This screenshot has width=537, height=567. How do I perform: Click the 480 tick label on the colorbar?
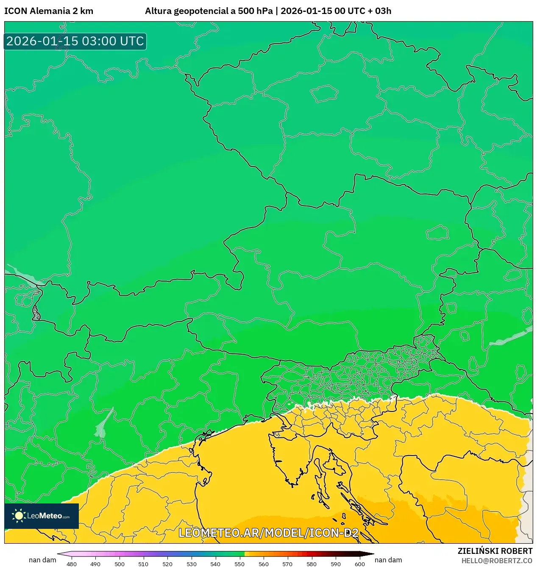(x=72, y=564)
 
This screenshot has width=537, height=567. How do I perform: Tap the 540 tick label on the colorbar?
(x=215, y=564)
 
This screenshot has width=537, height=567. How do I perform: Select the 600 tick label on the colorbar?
(x=359, y=564)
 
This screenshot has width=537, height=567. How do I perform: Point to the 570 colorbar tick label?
(x=287, y=564)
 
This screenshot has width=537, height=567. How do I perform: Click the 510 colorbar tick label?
(x=143, y=564)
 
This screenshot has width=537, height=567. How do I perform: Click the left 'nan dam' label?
(x=42, y=560)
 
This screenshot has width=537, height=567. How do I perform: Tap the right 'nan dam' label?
(x=388, y=560)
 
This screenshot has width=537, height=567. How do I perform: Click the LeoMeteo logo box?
(x=42, y=516)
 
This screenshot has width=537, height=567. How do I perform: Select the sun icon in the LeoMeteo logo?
(x=19, y=515)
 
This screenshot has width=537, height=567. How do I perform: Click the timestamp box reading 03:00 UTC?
(x=75, y=41)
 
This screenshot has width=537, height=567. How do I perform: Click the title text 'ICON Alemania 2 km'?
(x=49, y=11)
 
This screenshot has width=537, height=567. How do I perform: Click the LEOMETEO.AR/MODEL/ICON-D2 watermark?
(x=269, y=533)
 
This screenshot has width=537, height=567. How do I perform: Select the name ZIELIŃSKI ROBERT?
(x=495, y=551)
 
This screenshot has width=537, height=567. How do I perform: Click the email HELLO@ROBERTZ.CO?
(x=497, y=561)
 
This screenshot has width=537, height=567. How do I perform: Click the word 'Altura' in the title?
(x=158, y=11)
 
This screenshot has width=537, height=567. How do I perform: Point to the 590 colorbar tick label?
(x=336, y=564)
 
